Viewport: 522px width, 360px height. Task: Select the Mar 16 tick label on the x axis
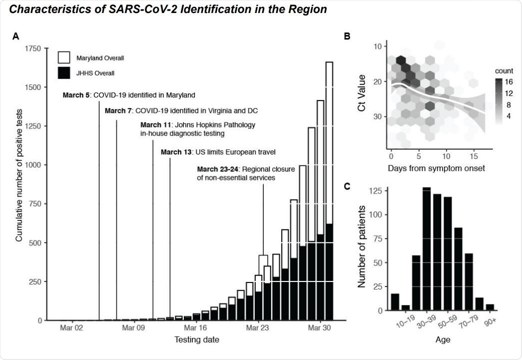[x=195, y=328]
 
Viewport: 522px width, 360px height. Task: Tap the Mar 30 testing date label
[x=319, y=328]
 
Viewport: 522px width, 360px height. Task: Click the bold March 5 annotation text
[x=73, y=94]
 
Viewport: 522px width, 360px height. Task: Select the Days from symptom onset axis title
[x=436, y=168]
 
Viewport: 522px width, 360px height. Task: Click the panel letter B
[x=347, y=36]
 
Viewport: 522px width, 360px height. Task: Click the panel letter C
[x=347, y=186]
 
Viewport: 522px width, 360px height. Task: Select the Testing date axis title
[x=196, y=340]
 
